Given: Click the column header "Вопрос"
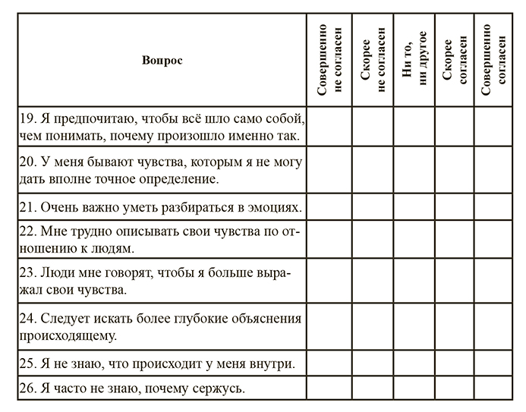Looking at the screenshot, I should (x=162, y=60).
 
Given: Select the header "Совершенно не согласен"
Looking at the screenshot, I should (x=329, y=59).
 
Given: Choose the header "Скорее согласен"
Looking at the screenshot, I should (x=455, y=59).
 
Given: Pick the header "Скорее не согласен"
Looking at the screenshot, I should (x=372, y=59).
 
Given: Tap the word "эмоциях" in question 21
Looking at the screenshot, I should (x=273, y=207).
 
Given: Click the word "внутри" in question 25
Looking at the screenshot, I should (x=275, y=363).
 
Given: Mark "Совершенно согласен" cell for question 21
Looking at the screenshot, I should (x=496, y=207).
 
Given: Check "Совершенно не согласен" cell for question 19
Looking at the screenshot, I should (x=329, y=127).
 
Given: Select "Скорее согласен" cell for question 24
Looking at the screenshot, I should (x=455, y=326).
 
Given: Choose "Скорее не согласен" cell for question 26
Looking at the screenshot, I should (x=372, y=389).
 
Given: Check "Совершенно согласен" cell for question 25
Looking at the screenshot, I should (x=496, y=363).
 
